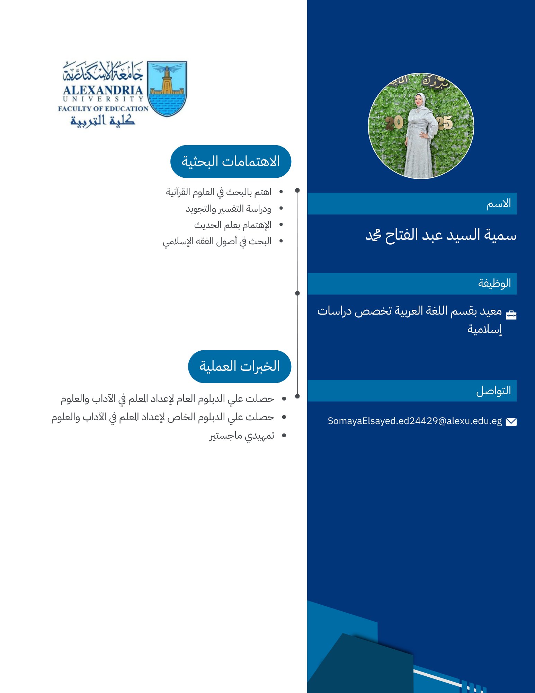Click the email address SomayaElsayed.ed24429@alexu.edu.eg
(x=414, y=421)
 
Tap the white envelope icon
(x=511, y=421)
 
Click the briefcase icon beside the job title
(x=511, y=315)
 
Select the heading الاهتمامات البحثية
(x=231, y=161)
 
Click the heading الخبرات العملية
(x=239, y=366)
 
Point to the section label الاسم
(x=499, y=203)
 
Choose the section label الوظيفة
(x=494, y=283)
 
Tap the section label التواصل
(x=493, y=391)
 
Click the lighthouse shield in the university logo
(x=167, y=89)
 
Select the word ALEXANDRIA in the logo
(x=103, y=90)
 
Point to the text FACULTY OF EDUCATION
(x=103, y=108)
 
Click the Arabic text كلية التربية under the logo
(x=102, y=120)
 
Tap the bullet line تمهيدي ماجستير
(x=242, y=436)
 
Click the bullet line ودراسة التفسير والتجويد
(x=229, y=209)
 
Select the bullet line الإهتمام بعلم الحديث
(x=233, y=225)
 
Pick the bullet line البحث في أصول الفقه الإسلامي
(x=217, y=241)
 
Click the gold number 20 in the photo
(x=394, y=122)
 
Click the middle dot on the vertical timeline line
(x=297, y=293)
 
